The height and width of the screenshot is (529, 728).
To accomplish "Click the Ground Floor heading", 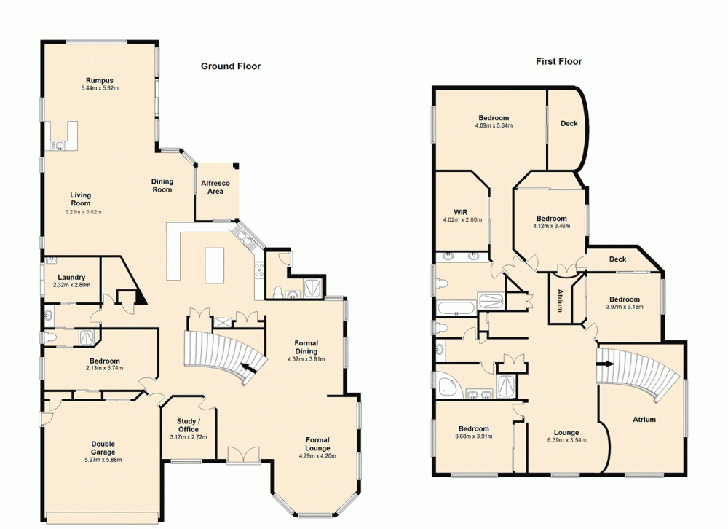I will (231, 66).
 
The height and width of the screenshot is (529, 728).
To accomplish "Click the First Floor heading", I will (559, 62).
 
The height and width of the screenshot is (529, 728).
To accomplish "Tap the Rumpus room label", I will (100, 80).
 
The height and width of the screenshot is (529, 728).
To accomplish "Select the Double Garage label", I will (103, 447).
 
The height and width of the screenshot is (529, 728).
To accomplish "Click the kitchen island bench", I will (215, 262).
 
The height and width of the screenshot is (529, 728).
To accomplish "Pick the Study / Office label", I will (189, 425).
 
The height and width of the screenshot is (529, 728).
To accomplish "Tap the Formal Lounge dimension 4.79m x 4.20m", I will (317, 456).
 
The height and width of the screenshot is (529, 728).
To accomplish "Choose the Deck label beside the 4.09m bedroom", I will (569, 124).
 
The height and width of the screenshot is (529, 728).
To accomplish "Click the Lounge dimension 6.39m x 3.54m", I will (566, 440).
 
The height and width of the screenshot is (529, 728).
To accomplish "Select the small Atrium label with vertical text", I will (560, 300).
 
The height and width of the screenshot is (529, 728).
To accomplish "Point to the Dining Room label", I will (162, 186).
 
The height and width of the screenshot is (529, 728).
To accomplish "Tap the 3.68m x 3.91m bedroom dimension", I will (473, 436).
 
